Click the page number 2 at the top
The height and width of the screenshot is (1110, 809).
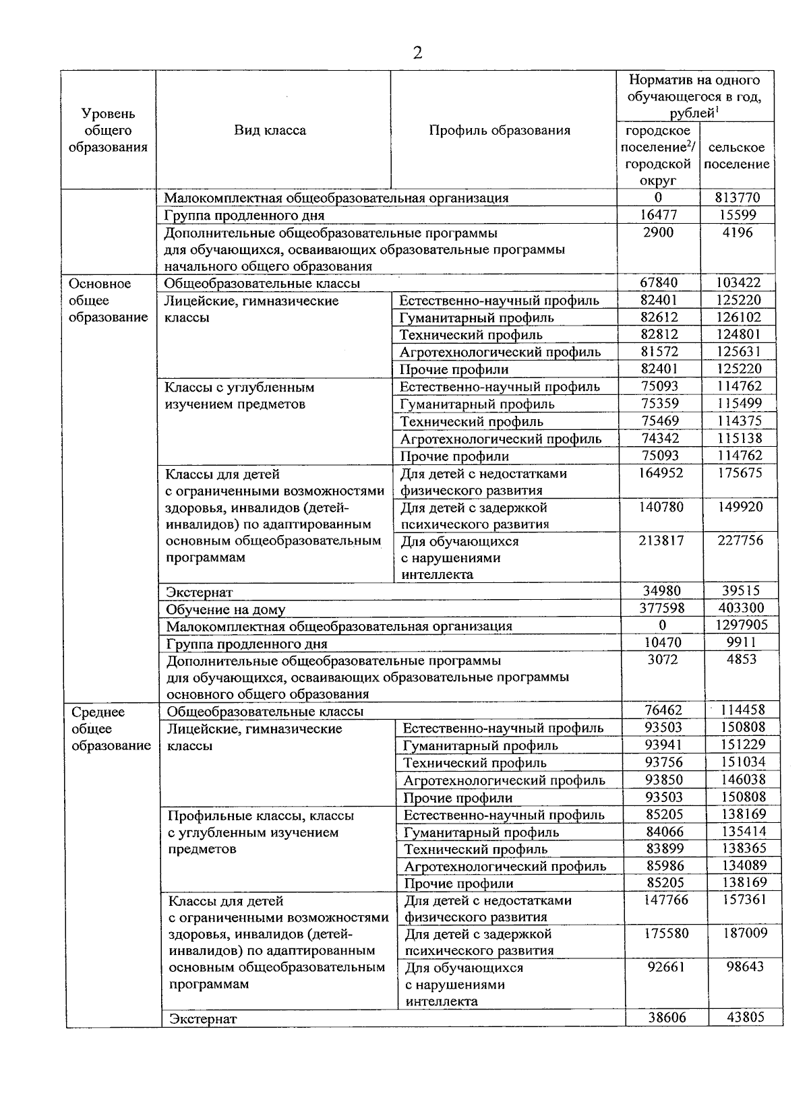tap(417, 53)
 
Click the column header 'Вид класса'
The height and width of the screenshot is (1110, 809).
tap(270, 130)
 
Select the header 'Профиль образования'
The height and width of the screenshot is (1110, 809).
tap(500, 130)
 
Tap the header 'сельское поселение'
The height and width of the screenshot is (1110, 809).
tap(740, 156)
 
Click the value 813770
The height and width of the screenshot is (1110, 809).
tap(738, 197)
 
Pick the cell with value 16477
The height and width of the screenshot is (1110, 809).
tap(657, 215)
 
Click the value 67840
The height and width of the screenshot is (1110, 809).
tap(659, 283)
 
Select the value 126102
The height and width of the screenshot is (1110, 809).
tap(740, 317)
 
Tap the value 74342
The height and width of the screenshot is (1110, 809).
tap(660, 438)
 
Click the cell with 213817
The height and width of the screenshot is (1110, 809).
tap(661, 541)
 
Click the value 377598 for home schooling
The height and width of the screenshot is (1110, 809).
tap(661, 609)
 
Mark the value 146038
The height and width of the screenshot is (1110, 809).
tap(742, 780)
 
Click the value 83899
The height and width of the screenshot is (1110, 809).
tap(664, 849)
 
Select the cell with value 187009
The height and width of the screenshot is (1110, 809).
tap(742, 933)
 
